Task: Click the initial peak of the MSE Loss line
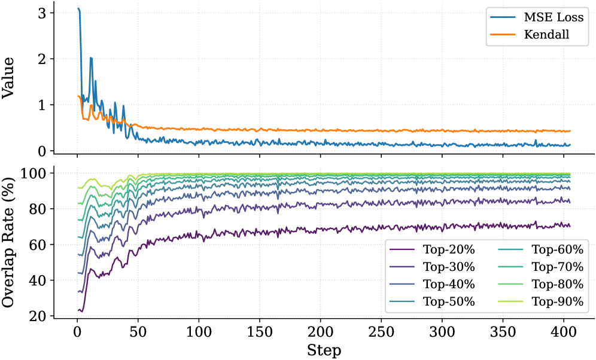coord(78,9)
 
